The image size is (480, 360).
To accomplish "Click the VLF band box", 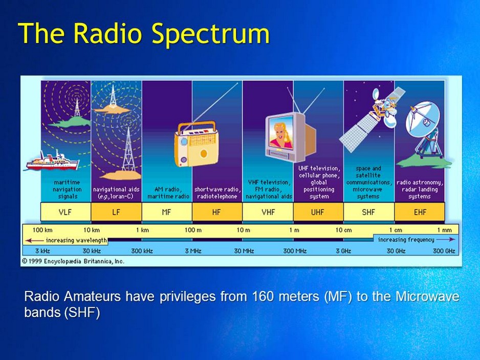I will coord(66,212).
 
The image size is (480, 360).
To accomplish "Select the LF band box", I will coord(116,212).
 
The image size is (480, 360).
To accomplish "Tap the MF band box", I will coord(167,212).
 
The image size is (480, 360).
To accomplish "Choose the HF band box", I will coord(217,212).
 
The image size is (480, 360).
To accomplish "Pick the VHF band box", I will coord(268,212).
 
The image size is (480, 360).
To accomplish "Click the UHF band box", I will coord(318,212).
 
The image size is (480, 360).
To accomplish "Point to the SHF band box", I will coord(368,212).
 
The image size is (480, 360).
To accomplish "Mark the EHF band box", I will coord(419,212).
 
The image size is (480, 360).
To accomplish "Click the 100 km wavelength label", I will coord(43,230).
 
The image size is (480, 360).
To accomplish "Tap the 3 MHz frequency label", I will coord(192,251).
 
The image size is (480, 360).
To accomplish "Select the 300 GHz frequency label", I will coord(444,251).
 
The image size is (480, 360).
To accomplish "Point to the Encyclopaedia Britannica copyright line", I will coord(73,261).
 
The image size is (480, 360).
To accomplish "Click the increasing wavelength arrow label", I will coord(70,240).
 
